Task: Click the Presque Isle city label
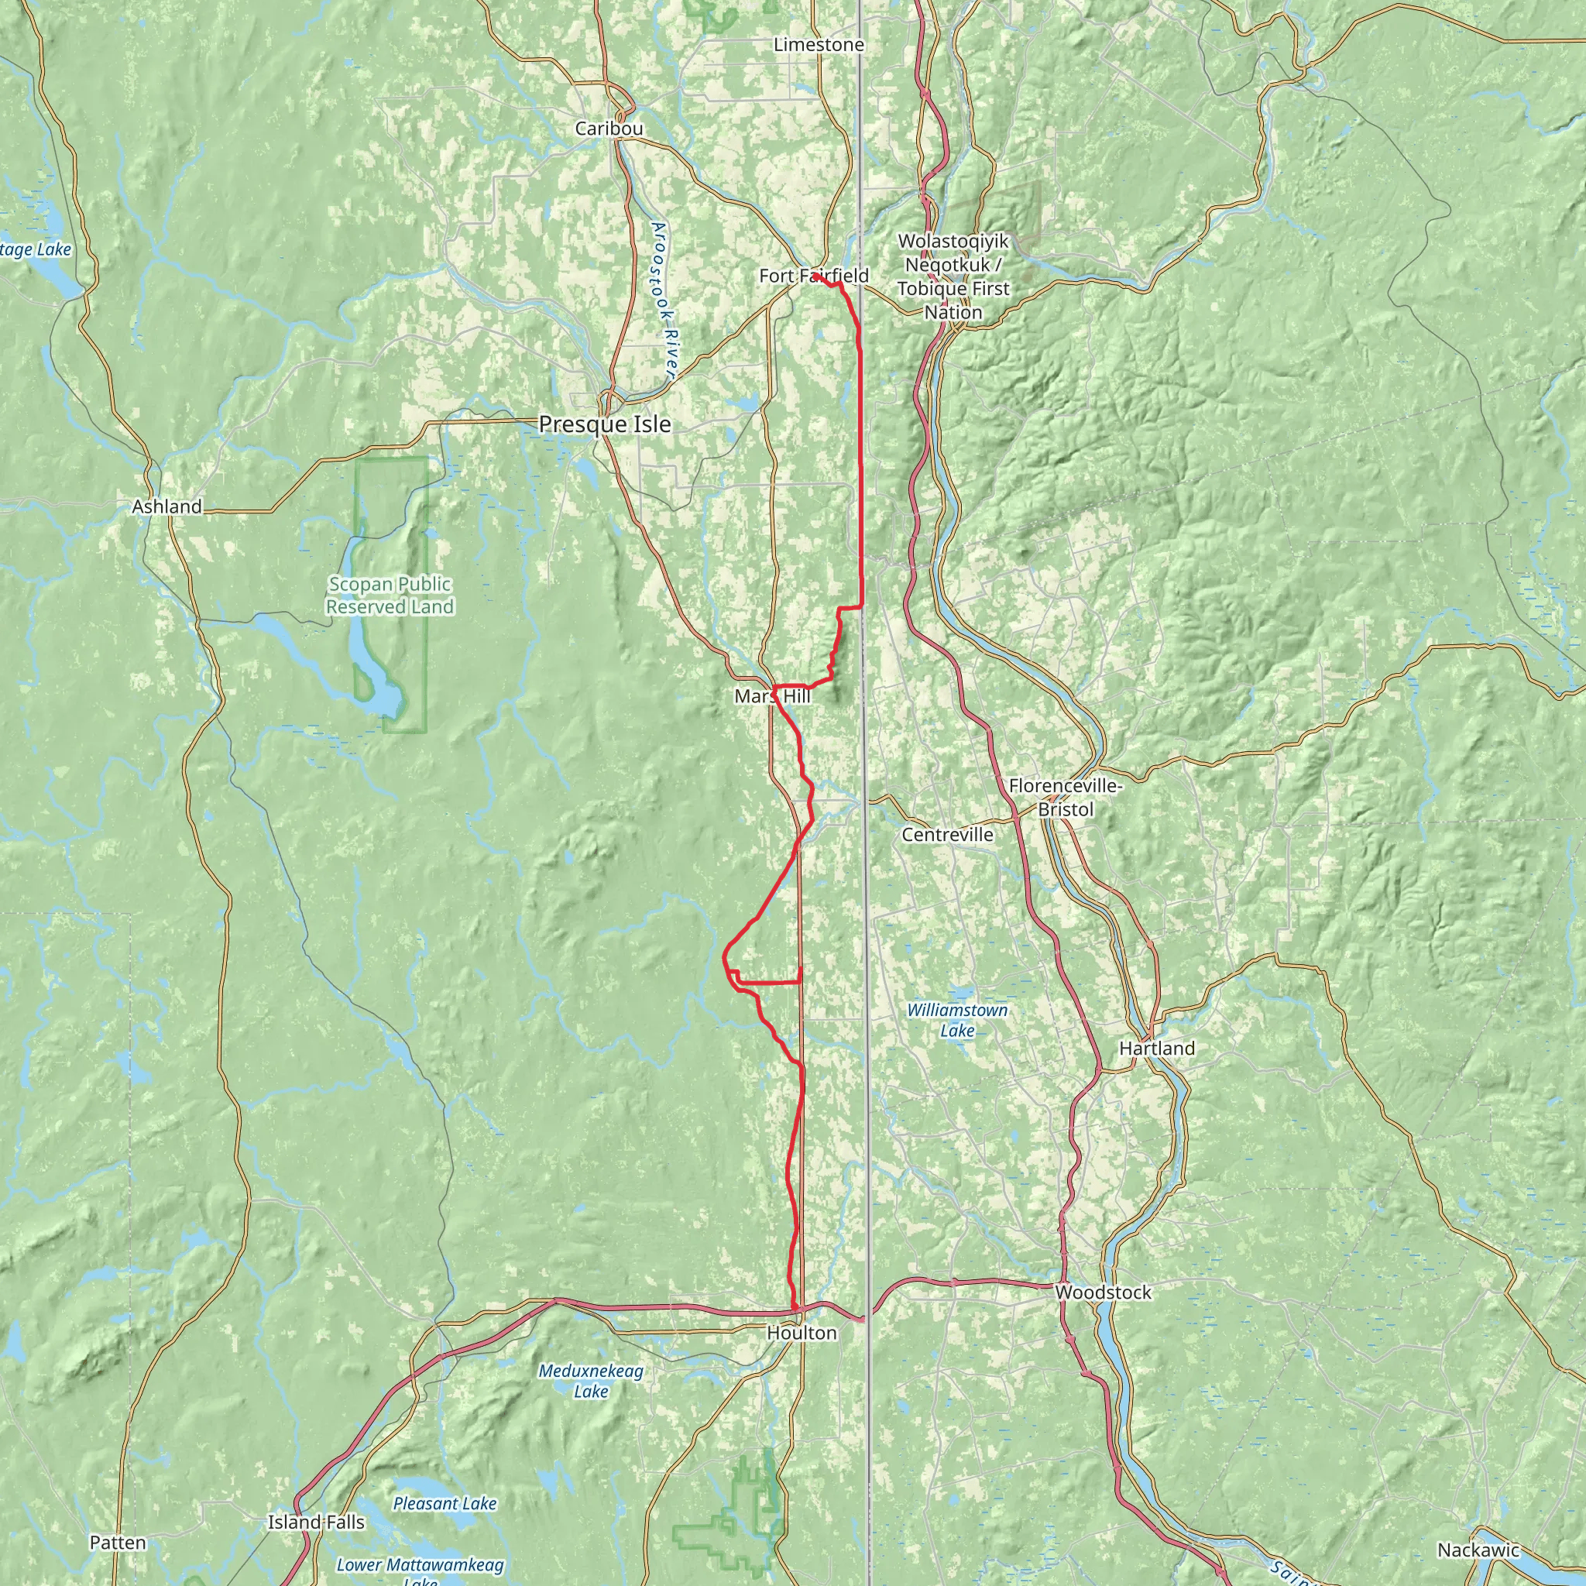(604, 424)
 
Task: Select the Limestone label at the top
(819, 45)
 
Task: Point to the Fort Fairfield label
(814, 276)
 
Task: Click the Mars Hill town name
(771, 697)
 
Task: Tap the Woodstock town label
(1103, 1293)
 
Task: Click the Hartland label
(1157, 1049)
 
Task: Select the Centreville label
(947, 835)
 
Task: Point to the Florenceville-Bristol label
(1065, 798)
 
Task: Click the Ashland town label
(166, 507)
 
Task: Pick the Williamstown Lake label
(956, 1021)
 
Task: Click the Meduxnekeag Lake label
(591, 1381)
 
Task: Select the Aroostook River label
(664, 300)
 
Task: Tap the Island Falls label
(316, 1522)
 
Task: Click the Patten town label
(118, 1543)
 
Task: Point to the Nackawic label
(1478, 1550)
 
